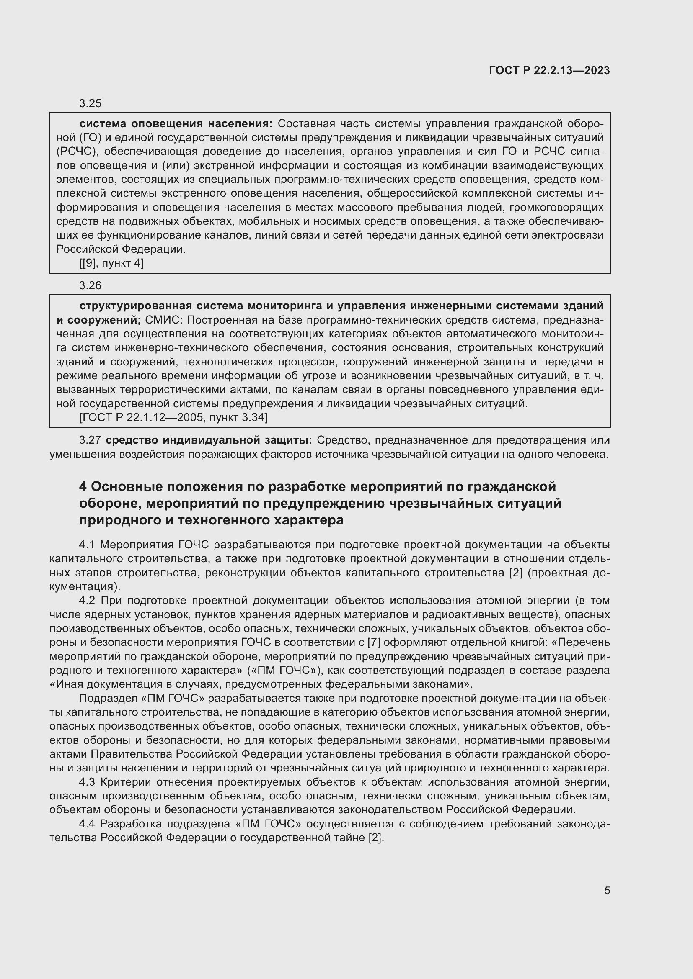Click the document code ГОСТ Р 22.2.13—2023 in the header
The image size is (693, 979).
549,70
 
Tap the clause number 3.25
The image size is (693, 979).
90,104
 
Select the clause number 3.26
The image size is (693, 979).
90,286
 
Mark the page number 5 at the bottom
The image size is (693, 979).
607,891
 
